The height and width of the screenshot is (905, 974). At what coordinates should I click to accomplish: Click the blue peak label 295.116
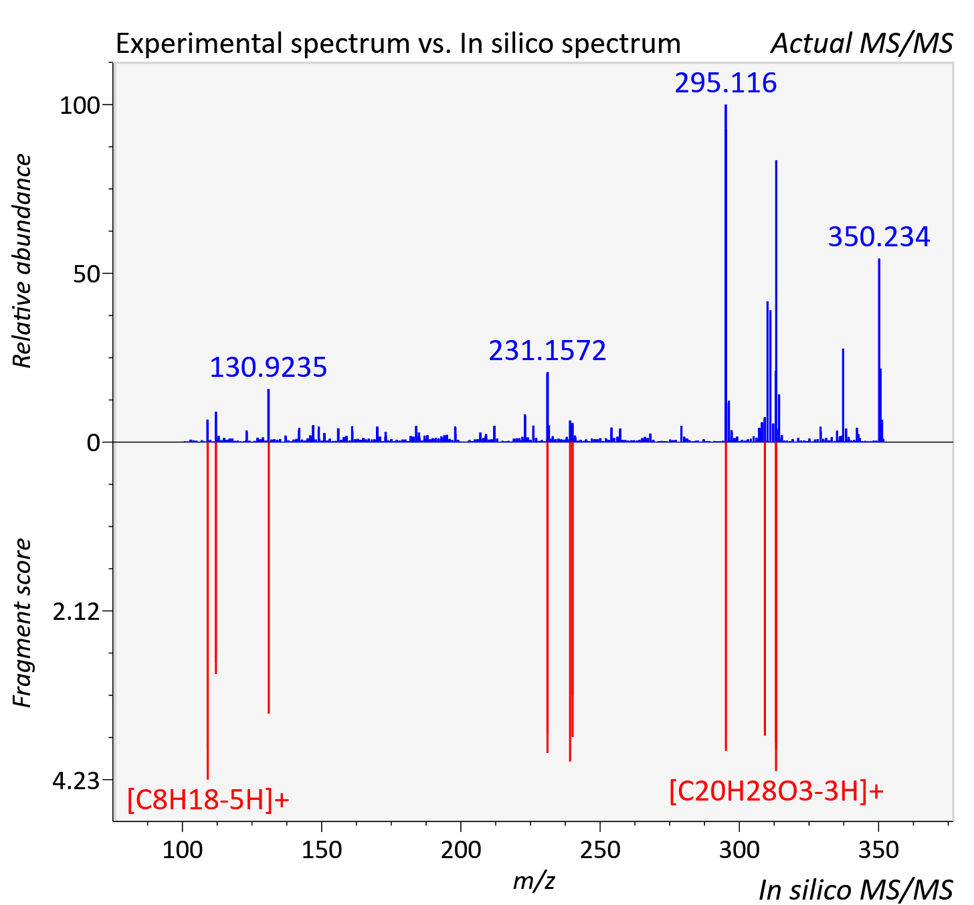coord(725,83)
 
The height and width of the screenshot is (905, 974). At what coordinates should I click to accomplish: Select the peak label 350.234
coord(879,237)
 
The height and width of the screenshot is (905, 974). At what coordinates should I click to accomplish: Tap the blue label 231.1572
coord(547,351)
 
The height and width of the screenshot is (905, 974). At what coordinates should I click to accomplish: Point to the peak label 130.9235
coord(268,367)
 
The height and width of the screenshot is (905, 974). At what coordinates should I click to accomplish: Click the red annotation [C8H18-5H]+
coord(209,800)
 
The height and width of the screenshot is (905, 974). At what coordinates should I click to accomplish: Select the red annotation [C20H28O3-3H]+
coord(777,792)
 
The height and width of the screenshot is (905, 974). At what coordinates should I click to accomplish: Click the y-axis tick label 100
coord(79,106)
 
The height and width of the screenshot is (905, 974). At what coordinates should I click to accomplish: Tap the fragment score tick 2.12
coord(76,612)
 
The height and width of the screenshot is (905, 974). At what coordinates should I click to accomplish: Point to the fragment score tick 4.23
coord(76,781)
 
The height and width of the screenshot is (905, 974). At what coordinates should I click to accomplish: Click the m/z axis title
coord(534,881)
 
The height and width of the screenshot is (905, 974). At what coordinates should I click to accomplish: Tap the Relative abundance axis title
coord(22,260)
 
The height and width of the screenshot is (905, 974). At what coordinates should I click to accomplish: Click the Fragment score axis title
coord(22,623)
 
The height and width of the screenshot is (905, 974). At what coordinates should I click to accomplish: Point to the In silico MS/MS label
coord(856,890)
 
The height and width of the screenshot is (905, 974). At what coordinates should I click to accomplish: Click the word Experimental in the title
coord(199,44)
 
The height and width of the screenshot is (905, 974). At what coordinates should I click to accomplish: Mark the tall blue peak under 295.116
coord(726,273)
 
